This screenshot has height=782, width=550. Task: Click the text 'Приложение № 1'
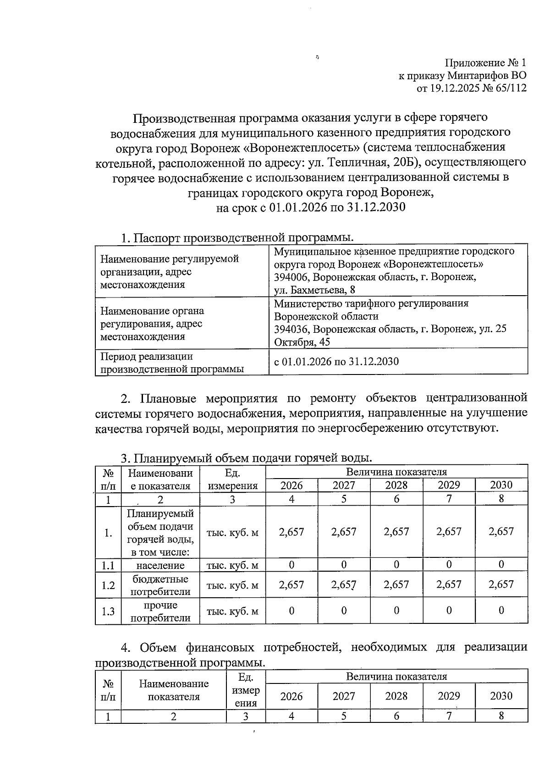485,63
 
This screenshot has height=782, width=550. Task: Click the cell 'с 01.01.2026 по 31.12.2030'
336,362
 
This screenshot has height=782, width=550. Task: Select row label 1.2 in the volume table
108,585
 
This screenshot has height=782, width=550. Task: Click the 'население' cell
160,566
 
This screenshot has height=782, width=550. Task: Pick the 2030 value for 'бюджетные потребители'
501,584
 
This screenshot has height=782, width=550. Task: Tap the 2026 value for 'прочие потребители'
291,611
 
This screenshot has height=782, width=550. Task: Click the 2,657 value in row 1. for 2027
344,532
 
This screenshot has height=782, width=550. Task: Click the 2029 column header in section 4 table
449,696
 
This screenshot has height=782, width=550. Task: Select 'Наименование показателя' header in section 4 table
173,690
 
